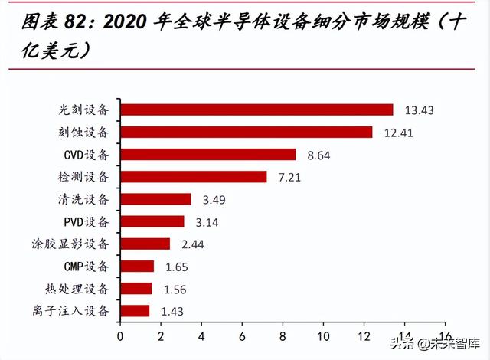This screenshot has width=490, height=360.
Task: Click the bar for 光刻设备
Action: point(256,110)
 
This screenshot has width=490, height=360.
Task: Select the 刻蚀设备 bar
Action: point(246,132)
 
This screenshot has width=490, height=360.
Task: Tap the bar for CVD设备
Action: point(207,154)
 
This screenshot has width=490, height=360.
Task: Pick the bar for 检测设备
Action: point(193,177)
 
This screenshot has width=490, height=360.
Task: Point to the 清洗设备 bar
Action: point(155,199)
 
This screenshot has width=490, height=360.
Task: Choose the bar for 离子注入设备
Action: point(135,310)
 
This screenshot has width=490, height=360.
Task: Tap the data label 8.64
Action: point(317,155)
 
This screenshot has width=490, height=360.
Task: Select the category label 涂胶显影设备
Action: point(77,244)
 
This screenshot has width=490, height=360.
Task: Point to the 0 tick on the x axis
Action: point(120,335)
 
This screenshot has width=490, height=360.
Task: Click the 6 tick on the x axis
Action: point(242,335)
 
